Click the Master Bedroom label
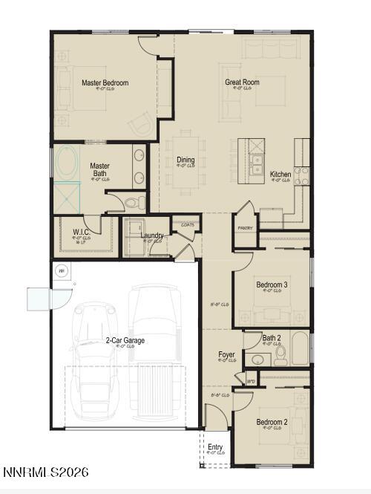105,83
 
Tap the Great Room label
242,82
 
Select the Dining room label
185,160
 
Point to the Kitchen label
280,175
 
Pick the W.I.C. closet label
82,232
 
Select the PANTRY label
245,228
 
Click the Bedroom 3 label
272,285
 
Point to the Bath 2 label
272,339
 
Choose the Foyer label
226,355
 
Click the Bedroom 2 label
272,423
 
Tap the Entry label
215,447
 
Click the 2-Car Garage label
125,340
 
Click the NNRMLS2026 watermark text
45,472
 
